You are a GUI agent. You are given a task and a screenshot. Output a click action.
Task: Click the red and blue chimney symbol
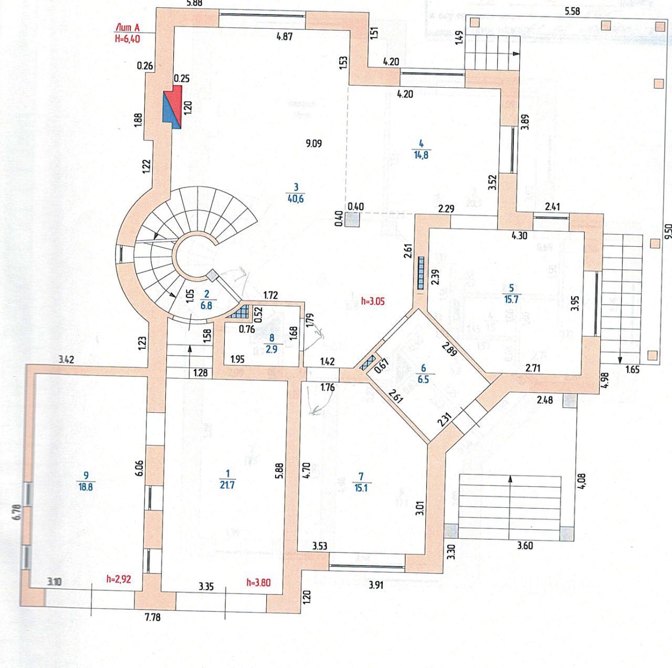pyautogui.click(x=173, y=106)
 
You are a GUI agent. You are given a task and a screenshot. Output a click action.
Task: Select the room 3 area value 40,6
pyautogui.click(x=296, y=199)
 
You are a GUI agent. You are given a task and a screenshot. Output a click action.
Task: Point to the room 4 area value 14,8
pyautogui.click(x=421, y=155)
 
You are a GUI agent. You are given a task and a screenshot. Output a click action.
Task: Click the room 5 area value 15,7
pyautogui.click(x=511, y=299)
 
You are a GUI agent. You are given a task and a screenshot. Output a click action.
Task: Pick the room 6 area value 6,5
pyautogui.click(x=423, y=379)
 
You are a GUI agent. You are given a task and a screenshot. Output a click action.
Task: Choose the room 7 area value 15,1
pyautogui.click(x=361, y=488)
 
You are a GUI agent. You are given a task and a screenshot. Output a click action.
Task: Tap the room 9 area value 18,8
pyautogui.click(x=86, y=487)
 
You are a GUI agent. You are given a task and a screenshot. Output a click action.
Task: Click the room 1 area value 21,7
pyautogui.click(x=227, y=485)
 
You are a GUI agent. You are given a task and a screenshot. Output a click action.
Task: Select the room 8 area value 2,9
pyautogui.click(x=271, y=349)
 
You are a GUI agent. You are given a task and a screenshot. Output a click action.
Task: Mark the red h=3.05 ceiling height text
pyautogui.click(x=373, y=301)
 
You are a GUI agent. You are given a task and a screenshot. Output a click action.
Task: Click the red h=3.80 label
pyautogui.click(x=258, y=582)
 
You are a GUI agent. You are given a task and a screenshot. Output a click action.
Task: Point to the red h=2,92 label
pyautogui.click(x=119, y=579)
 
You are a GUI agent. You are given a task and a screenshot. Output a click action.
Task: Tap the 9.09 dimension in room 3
pyautogui.click(x=314, y=143)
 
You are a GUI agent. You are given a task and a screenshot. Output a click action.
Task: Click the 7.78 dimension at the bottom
pyautogui.click(x=152, y=617)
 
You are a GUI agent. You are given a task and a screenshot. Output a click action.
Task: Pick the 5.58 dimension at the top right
pyautogui.click(x=572, y=11)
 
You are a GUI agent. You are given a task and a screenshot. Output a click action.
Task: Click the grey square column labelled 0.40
pyautogui.click(x=353, y=219)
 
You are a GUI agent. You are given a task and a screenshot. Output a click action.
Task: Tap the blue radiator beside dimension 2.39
pyautogui.click(x=421, y=273)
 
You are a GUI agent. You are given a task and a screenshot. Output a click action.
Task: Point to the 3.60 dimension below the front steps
pyautogui.click(x=525, y=545)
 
